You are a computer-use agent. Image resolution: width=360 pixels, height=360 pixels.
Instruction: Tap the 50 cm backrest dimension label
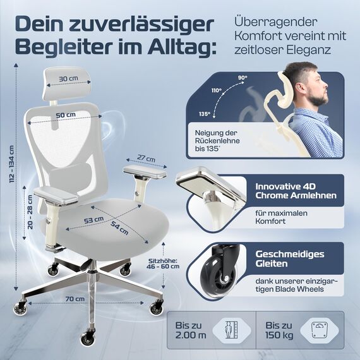(66, 114)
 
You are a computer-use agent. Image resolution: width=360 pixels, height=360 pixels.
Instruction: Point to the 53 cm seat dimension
(94, 219)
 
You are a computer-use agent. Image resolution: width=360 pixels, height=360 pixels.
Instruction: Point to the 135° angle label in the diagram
(203, 114)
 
